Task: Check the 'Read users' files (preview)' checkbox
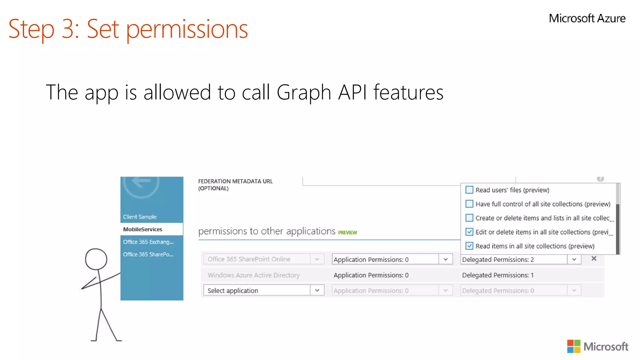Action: pyautogui.click(x=469, y=190)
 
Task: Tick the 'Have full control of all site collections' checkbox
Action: pyautogui.click(x=469, y=204)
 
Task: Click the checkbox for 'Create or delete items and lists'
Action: pyautogui.click(x=469, y=218)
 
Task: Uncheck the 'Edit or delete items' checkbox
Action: pyautogui.click(x=469, y=232)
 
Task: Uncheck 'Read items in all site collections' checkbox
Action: pyautogui.click(x=469, y=246)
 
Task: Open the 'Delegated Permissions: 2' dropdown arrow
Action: pyautogui.click(x=574, y=259)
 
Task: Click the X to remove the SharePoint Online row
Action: pyautogui.click(x=594, y=258)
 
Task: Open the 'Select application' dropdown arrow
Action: pyautogui.click(x=317, y=290)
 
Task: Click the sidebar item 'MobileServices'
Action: pyautogui.click(x=143, y=229)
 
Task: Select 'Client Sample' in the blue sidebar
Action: pyautogui.click(x=140, y=217)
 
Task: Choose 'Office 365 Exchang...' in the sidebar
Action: pyautogui.click(x=148, y=242)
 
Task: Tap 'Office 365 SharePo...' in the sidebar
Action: pyautogui.click(x=148, y=254)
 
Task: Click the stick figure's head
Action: pyautogui.click(x=96, y=259)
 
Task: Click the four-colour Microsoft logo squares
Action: pyautogui.click(x=574, y=346)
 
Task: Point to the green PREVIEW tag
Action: pyautogui.click(x=347, y=232)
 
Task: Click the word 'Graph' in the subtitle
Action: pyautogui.click(x=304, y=92)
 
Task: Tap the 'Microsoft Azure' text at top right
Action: pyautogui.click(x=587, y=18)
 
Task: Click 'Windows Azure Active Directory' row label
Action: pyautogui.click(x=253, y=275)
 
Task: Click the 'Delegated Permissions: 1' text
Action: pyautogui.click(x=498, y=275)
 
